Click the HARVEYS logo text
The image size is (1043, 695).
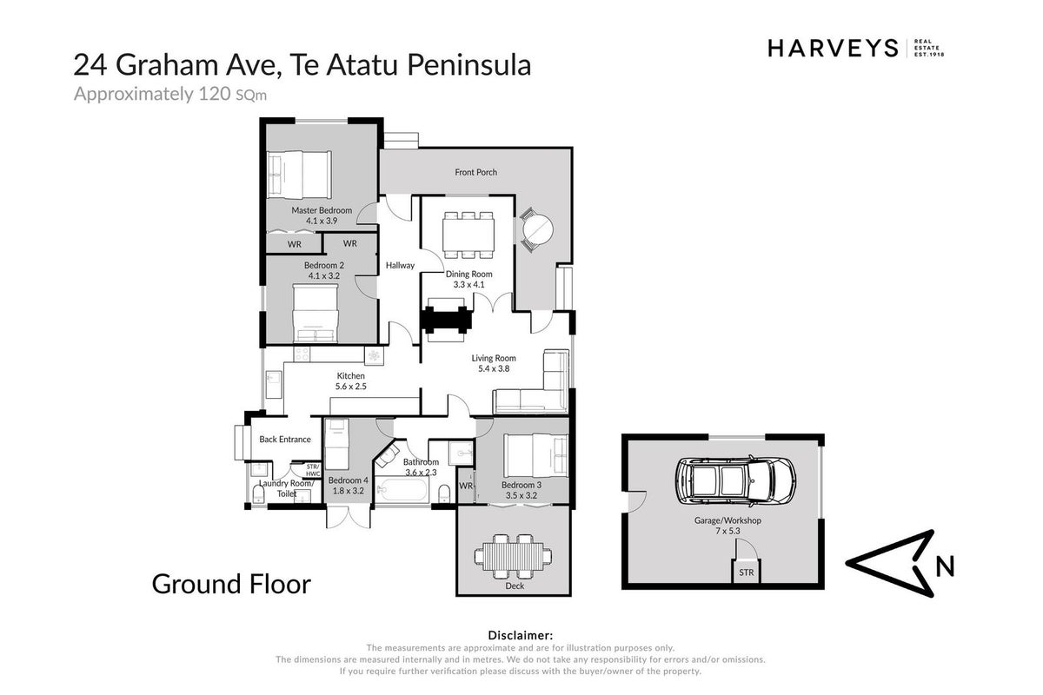[833, 49]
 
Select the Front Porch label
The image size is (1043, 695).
[476, 172]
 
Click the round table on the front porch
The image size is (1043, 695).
[538, 230]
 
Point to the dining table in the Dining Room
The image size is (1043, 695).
[468, 235]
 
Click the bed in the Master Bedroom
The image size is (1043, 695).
[299, 175]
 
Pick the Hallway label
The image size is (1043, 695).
[400, 265]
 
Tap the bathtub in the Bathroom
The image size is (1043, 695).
[402, 490]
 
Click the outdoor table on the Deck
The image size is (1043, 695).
[513, 556]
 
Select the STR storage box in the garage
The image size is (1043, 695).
[746, 573]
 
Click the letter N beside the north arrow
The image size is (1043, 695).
[945, 566]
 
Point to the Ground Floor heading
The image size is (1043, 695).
[231, 585]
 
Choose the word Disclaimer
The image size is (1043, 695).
[520, 635]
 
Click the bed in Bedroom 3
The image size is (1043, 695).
[535, 455]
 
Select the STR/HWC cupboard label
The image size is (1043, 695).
[313, 470]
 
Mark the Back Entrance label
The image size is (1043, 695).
[285, 440]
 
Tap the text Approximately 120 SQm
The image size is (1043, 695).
[170, 95]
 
